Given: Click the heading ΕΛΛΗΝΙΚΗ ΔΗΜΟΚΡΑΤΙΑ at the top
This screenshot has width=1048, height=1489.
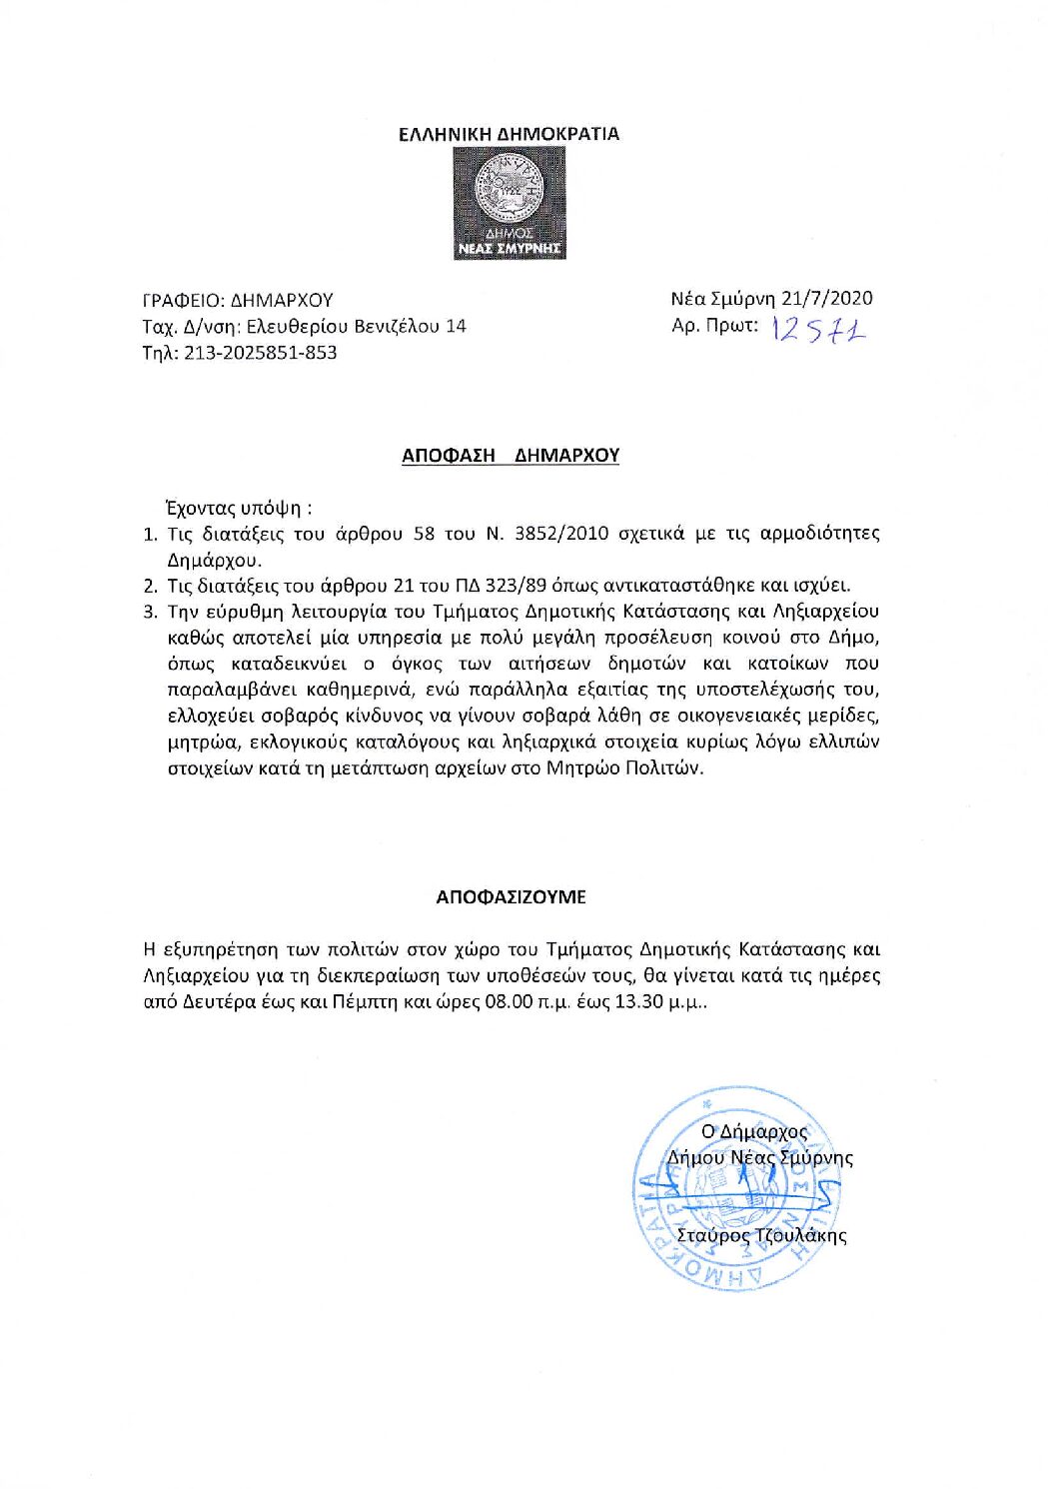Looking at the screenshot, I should [x=509, y=134].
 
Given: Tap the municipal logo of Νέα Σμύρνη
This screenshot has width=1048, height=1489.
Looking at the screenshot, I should [x=510, y=204].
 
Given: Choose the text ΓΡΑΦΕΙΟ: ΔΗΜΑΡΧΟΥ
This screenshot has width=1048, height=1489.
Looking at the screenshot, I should [x=238, y=300].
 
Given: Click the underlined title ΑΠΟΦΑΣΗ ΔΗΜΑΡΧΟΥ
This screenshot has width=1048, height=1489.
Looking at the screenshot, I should [x=511, y=456].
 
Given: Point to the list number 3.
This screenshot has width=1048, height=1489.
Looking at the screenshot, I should [x=150, y=612].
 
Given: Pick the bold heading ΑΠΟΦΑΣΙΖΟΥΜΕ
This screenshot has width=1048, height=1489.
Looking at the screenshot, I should [x=511, y=897].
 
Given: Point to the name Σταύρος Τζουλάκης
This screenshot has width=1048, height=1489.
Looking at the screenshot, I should [x=761, y=1235].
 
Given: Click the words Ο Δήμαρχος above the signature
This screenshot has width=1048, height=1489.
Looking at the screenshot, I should [x=753, y=1132].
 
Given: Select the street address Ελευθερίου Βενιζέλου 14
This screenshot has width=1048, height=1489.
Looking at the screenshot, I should [x=356, y=326].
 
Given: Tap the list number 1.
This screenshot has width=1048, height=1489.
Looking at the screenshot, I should [x=150, y=534].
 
